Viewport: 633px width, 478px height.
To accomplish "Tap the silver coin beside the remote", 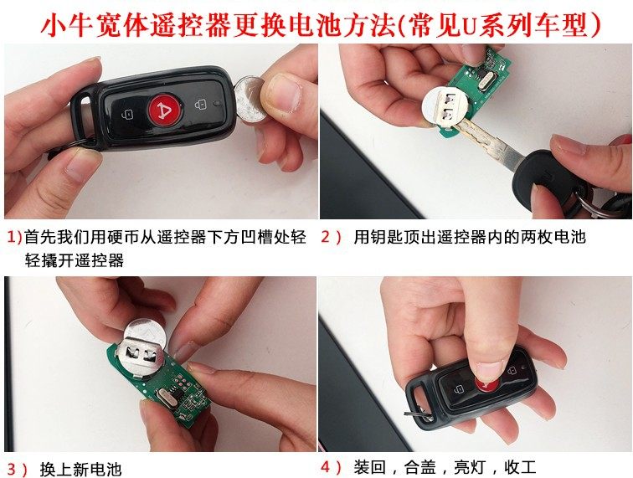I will (x=250, y=99).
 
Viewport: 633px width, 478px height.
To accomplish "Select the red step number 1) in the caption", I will (x=13, y=238).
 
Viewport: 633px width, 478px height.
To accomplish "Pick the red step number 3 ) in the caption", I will (x=18, y=468).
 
